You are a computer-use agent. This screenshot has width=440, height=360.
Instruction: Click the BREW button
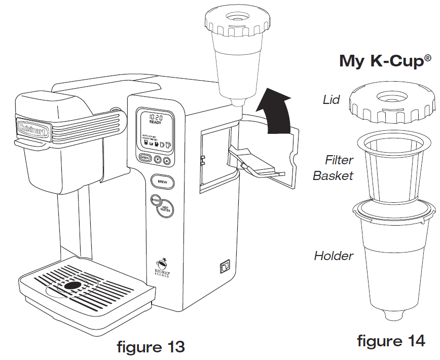coord(163,182)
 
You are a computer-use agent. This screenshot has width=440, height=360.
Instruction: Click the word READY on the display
coord(155,123)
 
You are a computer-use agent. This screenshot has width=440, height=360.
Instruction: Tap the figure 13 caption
coord(151,348)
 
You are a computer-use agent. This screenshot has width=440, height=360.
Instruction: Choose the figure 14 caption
coord(391,341)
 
